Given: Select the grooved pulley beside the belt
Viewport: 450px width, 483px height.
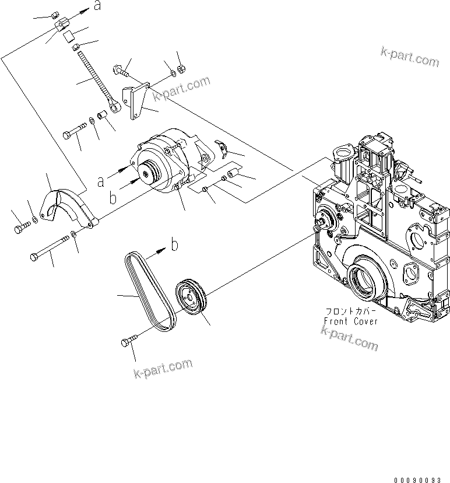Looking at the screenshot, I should point(191,299).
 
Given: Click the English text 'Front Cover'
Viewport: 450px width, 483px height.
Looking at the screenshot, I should point(351,321).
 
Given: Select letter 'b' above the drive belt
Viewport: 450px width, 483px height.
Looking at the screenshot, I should point(174,245).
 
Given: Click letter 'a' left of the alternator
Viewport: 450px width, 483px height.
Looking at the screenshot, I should point(100,181).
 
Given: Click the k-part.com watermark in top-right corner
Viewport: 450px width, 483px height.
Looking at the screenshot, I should point(409,57).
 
